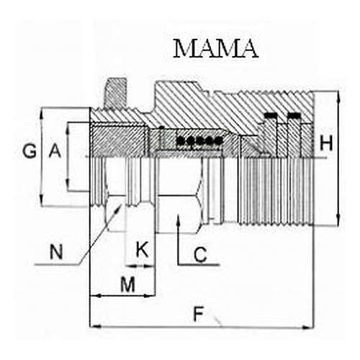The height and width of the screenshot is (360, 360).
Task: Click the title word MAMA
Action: (216, 49)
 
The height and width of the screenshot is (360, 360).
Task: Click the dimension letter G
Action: (30, 151)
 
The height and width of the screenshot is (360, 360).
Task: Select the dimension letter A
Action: (55, 150)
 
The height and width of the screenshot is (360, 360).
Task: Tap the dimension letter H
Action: (326, 143)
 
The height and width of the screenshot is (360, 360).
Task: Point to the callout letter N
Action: (56, 252)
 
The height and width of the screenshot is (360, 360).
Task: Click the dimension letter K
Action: (142, 250)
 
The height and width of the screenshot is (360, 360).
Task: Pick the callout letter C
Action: (200, 255)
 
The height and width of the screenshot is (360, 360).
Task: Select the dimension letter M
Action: (127, 284)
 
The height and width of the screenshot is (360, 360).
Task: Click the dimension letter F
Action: (199, 315)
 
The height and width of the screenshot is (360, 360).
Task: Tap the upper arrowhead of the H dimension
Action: (338, 96)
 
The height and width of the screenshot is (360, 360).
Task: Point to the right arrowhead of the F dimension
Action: (309, 327)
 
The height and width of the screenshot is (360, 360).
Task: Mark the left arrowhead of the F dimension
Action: (94, 326)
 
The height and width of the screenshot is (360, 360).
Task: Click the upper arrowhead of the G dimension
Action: (42, 113)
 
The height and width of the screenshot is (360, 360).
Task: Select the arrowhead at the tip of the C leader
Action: (178, 218)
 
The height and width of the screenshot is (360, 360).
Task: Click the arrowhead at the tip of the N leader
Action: (119, 207)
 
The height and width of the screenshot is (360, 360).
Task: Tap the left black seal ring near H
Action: (271, 115)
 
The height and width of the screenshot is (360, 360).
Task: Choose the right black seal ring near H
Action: (294, 115)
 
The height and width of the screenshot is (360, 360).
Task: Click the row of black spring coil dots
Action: (199, 141)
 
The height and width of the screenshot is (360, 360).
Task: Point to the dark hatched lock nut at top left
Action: (116, 94)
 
